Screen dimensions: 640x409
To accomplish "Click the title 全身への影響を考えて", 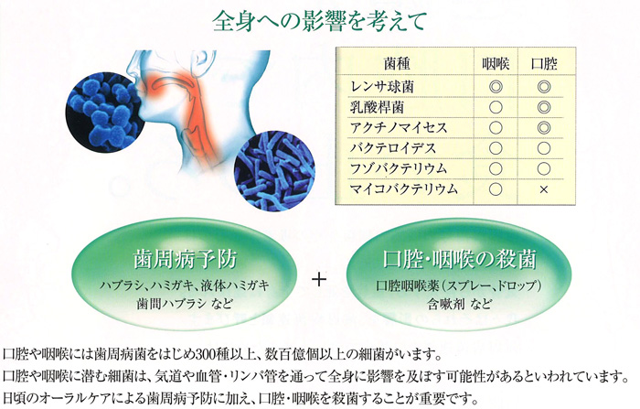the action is point(320,21).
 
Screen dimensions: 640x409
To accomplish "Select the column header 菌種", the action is point(397,64).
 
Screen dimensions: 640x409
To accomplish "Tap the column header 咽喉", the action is point(496,64).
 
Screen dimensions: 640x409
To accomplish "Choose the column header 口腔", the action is point(544,64).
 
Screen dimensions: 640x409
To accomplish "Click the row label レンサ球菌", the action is point(382,87).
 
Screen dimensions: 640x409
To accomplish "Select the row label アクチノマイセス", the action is point(399,128).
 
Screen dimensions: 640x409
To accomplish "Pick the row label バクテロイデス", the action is point(393,148).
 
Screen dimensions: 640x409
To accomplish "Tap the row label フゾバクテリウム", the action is point(399,168).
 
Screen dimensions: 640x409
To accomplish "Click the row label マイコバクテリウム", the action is point(404,188).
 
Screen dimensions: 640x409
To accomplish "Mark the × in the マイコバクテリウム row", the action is point(544,189).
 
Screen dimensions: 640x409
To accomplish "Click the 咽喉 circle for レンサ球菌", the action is point(496,87).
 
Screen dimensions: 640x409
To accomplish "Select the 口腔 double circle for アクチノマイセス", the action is point(544,128).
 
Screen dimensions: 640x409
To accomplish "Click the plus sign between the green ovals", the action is point(319,279).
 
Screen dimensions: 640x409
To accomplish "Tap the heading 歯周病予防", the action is point(185,259).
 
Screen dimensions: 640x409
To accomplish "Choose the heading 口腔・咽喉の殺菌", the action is point(459,259).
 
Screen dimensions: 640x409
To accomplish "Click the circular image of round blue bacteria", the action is point(104,113).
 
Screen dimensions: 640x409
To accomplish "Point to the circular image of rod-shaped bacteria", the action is point(274,171).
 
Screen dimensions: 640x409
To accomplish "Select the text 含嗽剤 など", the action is point(459,305).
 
